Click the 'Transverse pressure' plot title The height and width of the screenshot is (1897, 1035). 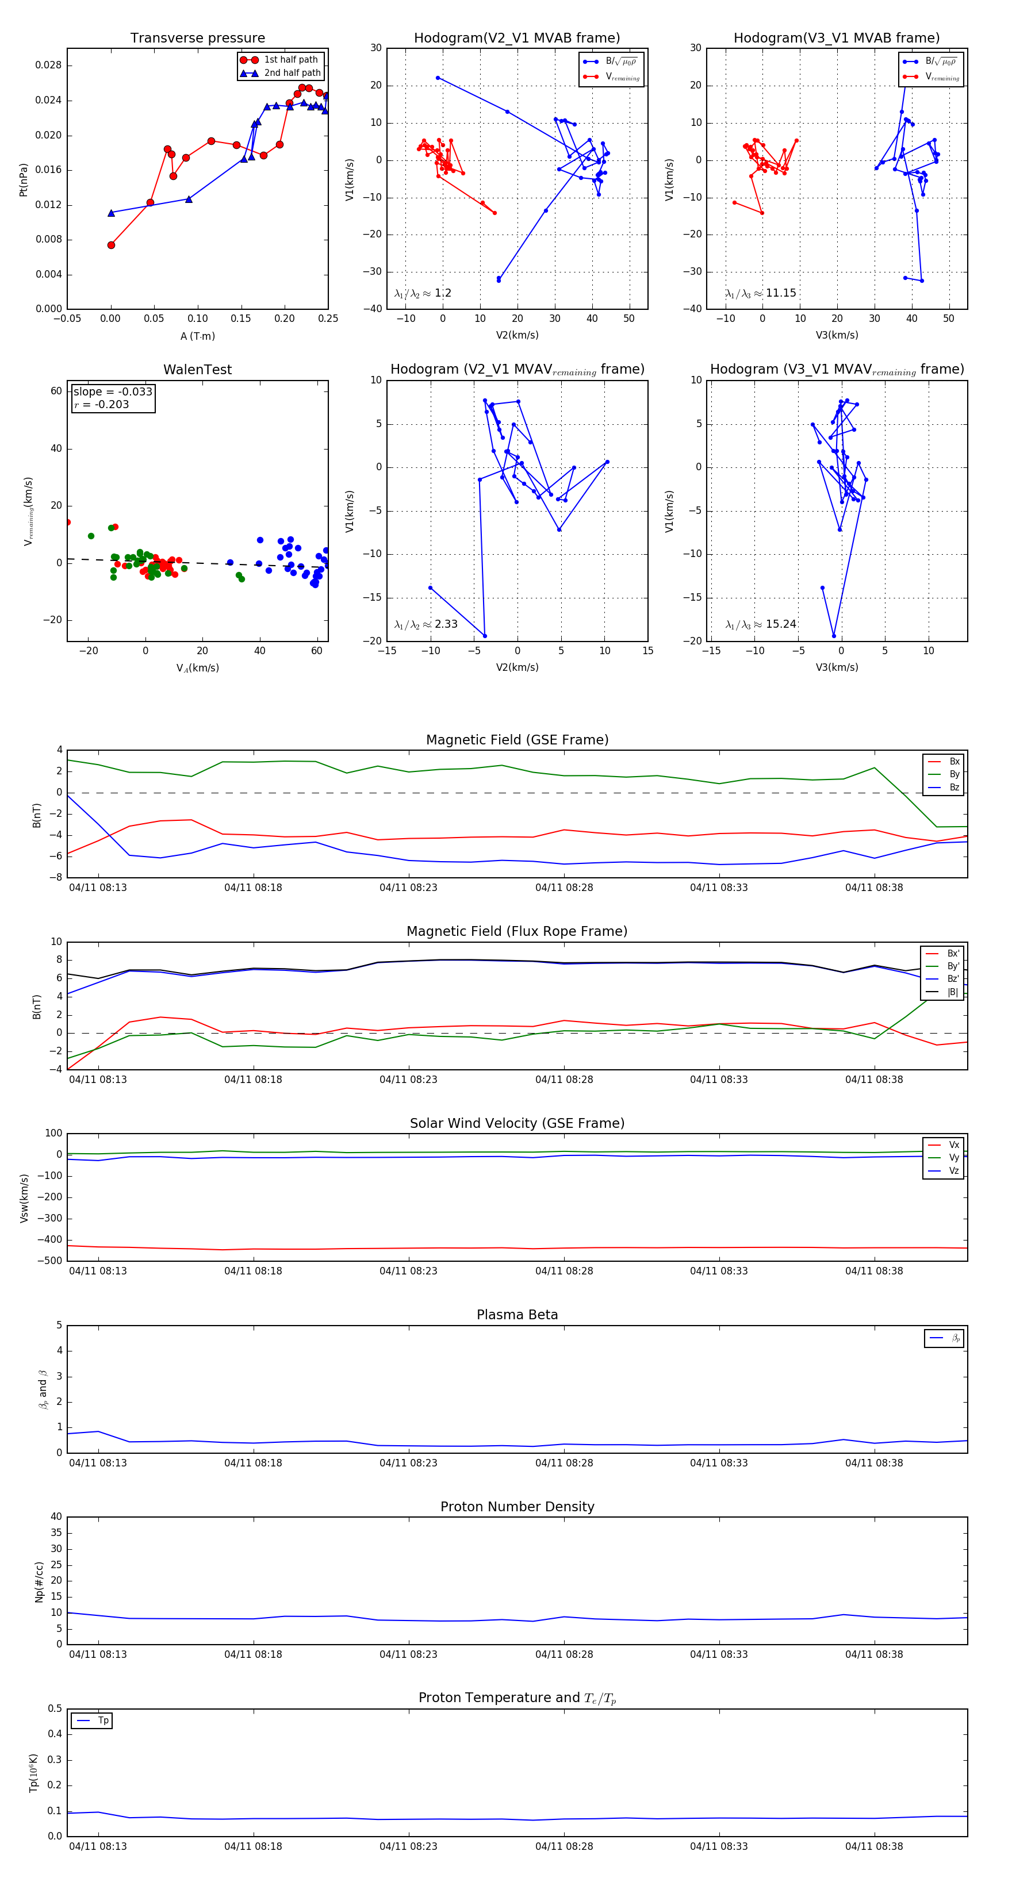click(197, 39)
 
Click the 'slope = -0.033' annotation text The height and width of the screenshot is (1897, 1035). click(113, 392)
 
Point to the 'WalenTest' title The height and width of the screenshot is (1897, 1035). click(197, 370)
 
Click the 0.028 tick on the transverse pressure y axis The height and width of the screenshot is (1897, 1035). click(49, 66)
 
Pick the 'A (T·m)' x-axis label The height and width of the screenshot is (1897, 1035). click(197, 336)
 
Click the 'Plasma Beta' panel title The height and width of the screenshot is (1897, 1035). click(517, 1315)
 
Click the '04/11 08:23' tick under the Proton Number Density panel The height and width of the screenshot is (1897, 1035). click(408, 1654)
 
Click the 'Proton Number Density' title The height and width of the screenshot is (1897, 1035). click(517, 1507)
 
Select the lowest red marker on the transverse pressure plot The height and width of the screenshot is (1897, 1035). click(111, 245)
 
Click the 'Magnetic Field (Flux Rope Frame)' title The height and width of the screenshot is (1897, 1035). click(517, 932)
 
